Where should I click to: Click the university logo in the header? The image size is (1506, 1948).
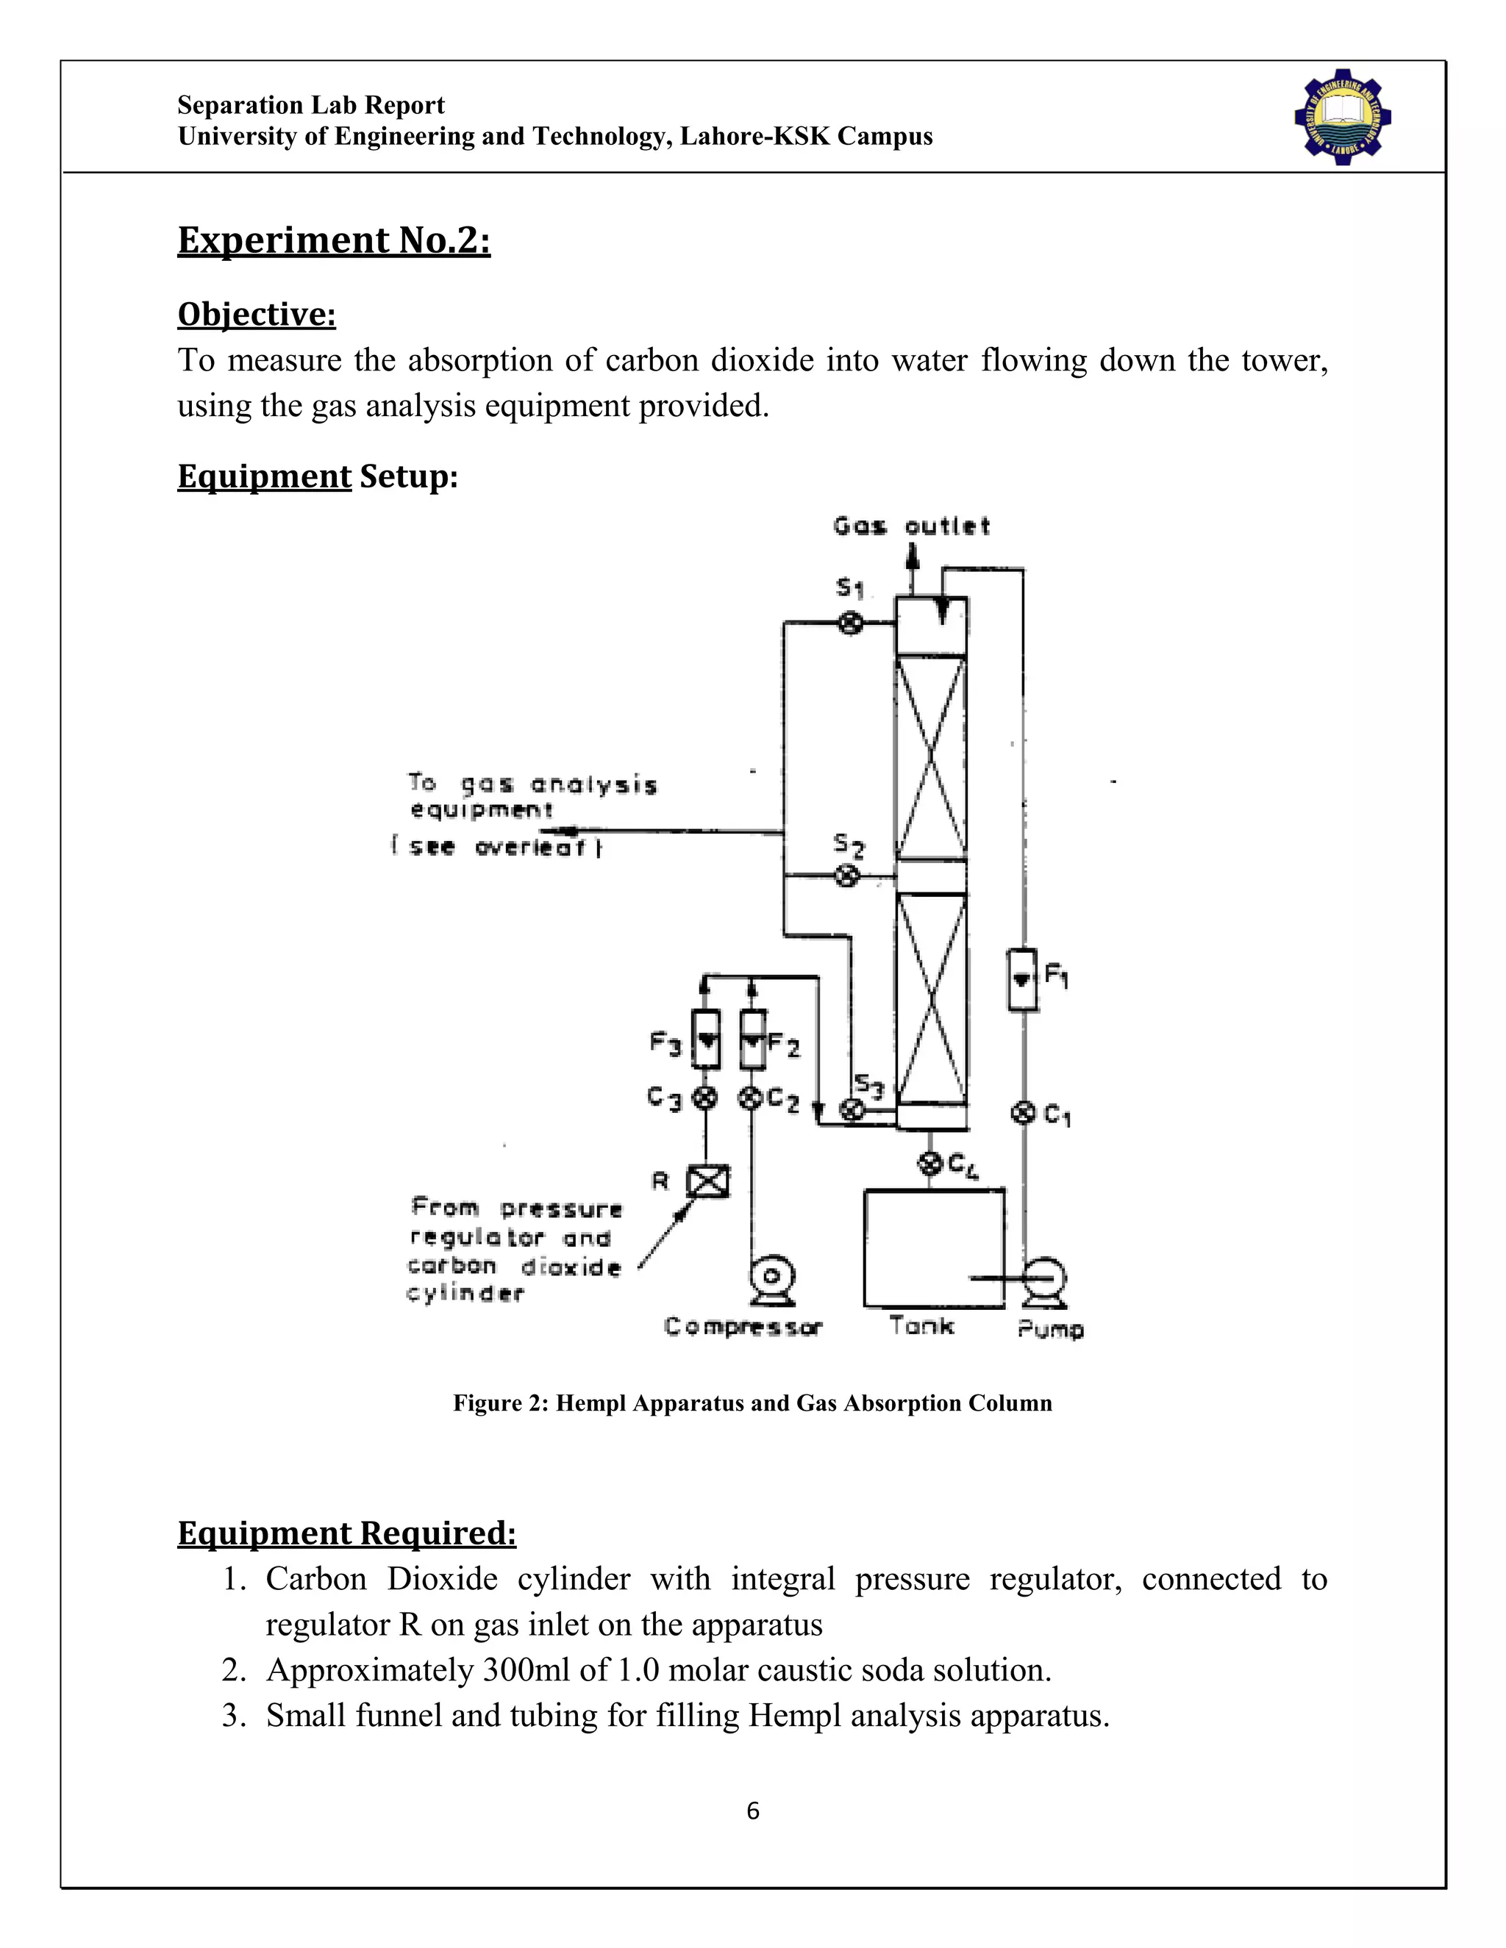coord(1342,117)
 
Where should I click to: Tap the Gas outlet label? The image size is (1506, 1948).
coord(911,526)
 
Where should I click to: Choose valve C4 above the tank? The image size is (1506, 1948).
coord(930,1163)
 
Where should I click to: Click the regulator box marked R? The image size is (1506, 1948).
coord(707,1182)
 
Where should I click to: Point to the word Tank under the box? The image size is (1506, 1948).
coord(921,1325)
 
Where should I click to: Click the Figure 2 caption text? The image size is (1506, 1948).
coord(752,1403)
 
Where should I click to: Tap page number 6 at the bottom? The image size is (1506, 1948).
coord(752,1810)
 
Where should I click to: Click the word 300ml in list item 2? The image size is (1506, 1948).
coord(526,1669)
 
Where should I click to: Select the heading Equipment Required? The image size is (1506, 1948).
coord(346,1533)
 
